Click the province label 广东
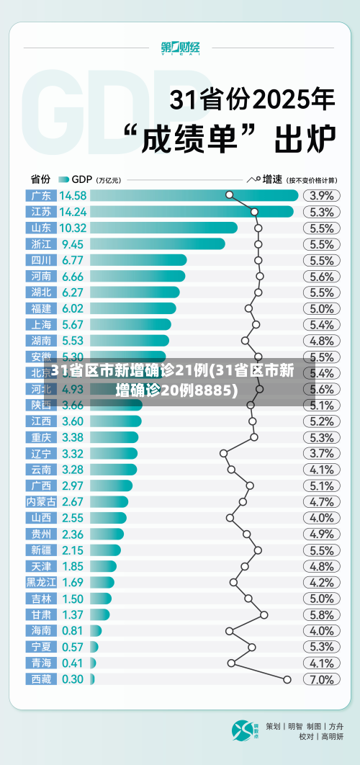pos(40,195)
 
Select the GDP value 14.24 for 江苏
pos(73,212)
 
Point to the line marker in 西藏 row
pos(287,679)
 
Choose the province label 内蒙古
pos(40,501)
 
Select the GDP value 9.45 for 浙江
pos(72,243)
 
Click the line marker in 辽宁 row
pos(223,453)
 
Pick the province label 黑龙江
pos(40,582)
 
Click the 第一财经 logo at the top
pos(180,48)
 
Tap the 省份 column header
pos(40,179)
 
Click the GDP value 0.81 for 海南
pos(72,630)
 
